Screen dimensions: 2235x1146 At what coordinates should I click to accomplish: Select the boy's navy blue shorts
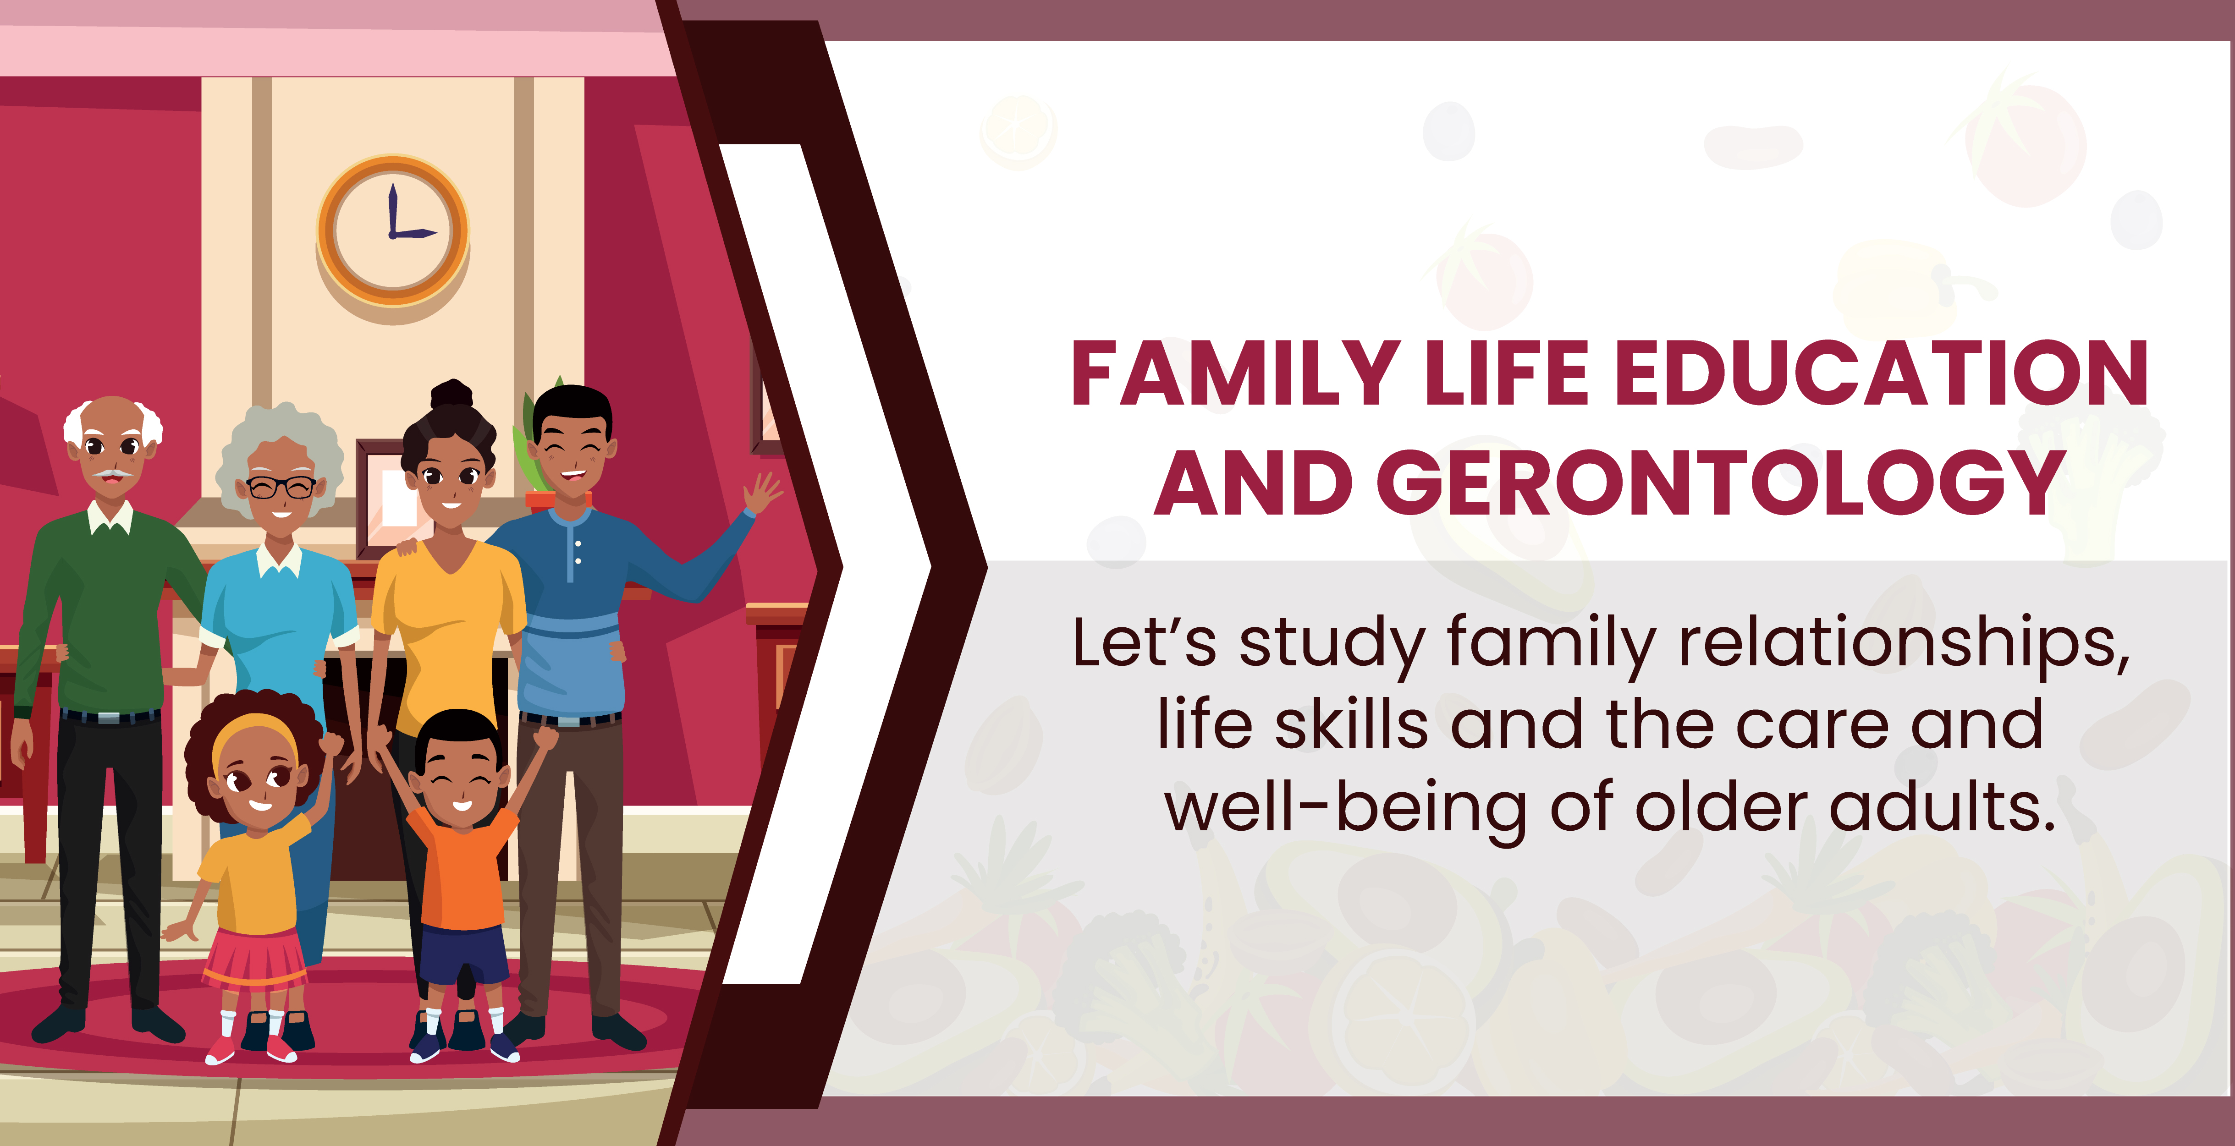coord(464,954)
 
